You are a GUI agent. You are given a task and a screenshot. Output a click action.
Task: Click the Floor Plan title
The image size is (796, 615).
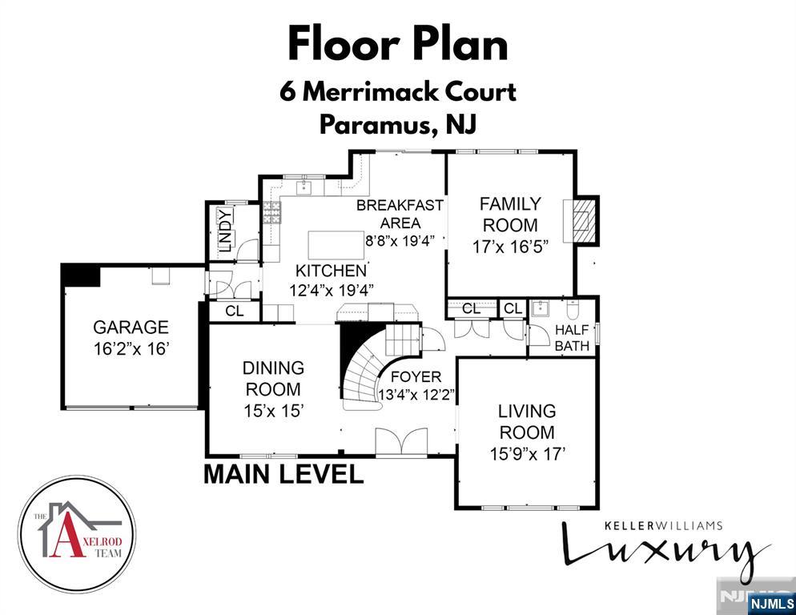[x=398, y=44]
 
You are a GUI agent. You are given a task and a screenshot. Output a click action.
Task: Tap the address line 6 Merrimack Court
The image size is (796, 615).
[x=398, y=91]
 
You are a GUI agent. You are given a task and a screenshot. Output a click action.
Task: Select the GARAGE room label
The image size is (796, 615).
[x=131, y=327]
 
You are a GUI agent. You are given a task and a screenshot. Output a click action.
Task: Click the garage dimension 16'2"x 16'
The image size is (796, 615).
[x=131, y=348]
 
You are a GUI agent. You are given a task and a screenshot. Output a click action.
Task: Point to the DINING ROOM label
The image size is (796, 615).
[x=273, y=379]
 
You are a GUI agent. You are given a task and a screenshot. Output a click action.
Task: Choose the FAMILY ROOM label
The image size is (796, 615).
[x=510, y=214]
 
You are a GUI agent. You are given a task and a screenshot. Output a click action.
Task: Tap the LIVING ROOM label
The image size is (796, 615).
[x=526, y=421]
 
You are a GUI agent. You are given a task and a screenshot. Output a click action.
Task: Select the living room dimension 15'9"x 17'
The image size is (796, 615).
[x=528, y=453]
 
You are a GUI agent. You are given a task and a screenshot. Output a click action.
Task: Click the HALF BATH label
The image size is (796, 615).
[x=573, y=338]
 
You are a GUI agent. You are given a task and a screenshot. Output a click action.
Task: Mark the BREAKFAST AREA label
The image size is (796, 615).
[x=400, y=214]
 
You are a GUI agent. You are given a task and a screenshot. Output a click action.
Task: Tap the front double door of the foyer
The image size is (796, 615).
[x=403, y=442]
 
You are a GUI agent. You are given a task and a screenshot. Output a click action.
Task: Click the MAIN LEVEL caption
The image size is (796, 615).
[x=283, y=473]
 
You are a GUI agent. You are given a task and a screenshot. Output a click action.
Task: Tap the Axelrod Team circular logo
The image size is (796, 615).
[x=77, y=534]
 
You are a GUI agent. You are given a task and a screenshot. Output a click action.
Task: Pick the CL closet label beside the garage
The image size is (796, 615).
[x=234, y=312]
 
